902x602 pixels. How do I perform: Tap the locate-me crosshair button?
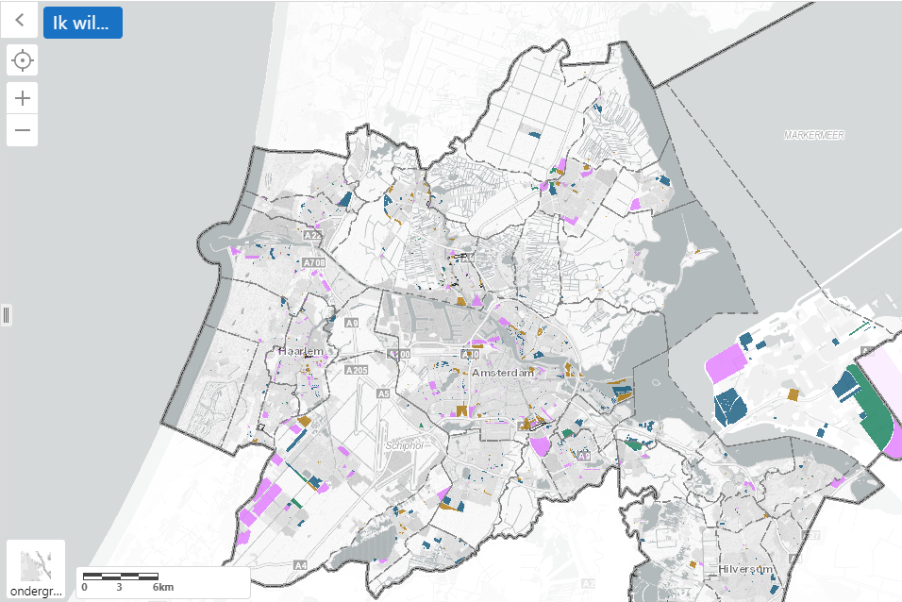pyautogui.click(x=22, y=62)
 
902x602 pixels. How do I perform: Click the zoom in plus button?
pyautogui.click(x=22, y=96)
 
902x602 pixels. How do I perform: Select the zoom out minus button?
pyautogui.click(x=22, y=130)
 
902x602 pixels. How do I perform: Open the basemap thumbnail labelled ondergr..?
pyautogui.click(x=36, y=570)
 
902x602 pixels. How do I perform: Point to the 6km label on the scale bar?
pyautogui.click(x=163, y=587)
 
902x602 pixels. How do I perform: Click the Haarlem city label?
pyautogui.click(x=301, y=351)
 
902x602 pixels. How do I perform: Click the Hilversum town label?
pyautogui.click(x=745, y=569)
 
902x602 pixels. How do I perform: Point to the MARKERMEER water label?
pyautogui.click(x=813, y=135)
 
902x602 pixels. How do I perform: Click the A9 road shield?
pyautogui.click(x=352, y=323)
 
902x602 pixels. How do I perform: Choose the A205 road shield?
pyautogui.click(x=357, y=371)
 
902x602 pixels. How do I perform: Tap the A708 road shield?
pyautogui.click(x=313, y=262)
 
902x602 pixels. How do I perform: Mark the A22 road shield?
pyautogui.click(x=314, y=236)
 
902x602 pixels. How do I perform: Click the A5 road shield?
pyautogui.click(x=383, y=393)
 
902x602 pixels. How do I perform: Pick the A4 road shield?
pyautogui.click(x=300, y=565)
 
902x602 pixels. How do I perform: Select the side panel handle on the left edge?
pyautogui.click(x=6, y=314)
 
